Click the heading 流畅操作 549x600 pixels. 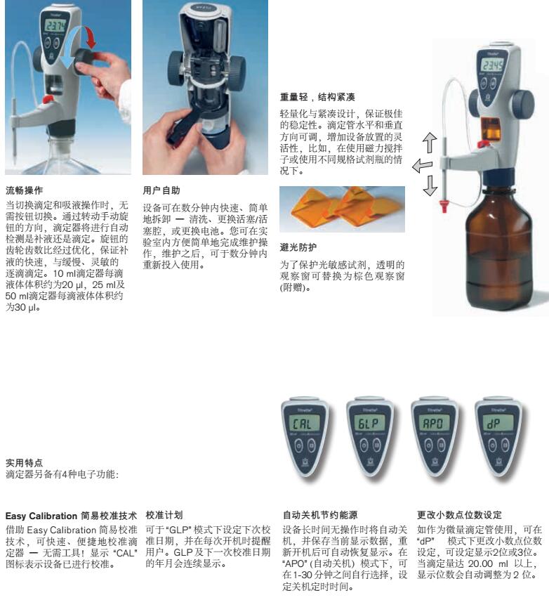[25, 190]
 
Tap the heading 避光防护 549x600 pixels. [298, 247]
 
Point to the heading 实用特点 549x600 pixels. [24, 463]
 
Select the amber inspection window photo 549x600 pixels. [341, 209]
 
